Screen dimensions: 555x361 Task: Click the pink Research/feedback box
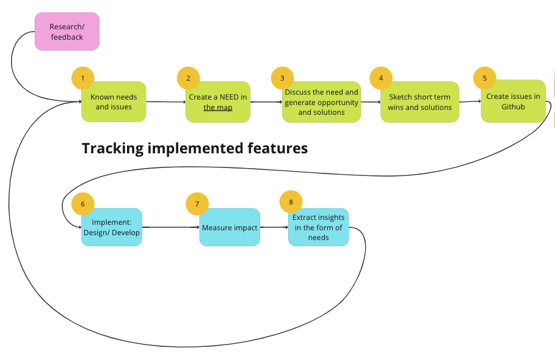(67, 32)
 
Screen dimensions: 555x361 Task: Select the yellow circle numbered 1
(83, 78)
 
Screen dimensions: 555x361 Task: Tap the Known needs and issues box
(114, 102)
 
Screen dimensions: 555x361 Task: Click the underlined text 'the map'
(218, 108)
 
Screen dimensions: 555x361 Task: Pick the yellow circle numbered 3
(283, 78)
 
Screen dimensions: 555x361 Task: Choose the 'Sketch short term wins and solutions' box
(420, 102)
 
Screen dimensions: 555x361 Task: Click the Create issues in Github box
(513, 101)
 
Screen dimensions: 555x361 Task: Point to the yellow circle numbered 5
(485, 78)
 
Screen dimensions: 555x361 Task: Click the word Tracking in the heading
(112, 148)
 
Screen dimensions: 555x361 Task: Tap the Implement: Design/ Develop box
(112, 227)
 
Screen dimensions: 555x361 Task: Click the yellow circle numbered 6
(83, 204)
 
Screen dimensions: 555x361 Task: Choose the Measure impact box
(230, 227)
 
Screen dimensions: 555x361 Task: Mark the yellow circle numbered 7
(197, 204)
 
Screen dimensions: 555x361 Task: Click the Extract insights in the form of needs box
(319, 227)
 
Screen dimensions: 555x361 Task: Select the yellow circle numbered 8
(291, 202)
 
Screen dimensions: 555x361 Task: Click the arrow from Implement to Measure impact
(170, 227)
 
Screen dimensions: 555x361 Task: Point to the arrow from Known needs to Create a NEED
(166, 102)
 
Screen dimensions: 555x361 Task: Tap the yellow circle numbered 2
(188, 78)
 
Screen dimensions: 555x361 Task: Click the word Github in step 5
(513, 107)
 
